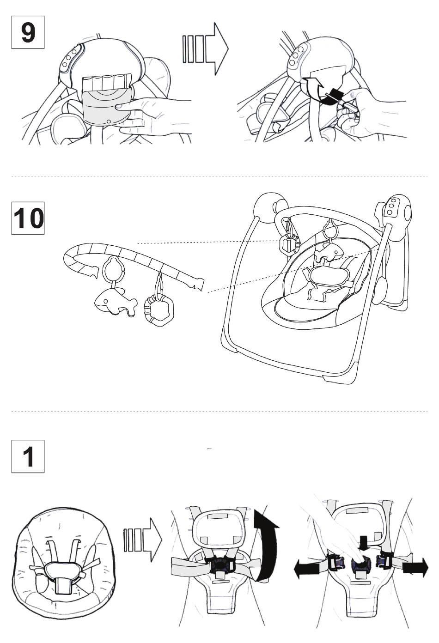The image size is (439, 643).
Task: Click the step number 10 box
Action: pos(28,218)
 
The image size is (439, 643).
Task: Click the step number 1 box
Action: pos(28,456)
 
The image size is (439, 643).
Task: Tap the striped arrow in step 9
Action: pos(205,49)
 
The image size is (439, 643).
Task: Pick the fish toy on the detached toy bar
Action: pos(115,303)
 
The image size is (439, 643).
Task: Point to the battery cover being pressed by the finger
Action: pos(106,105)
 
